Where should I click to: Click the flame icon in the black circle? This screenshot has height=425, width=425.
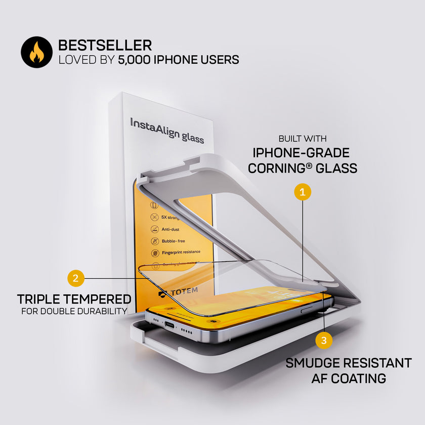pyautogui.click(x=36, y=52)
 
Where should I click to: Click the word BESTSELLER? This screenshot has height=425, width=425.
pyautogui.click(x=105, y=46)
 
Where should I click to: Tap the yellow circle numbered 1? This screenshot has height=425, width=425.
pyautogui.click(x=302, y=192)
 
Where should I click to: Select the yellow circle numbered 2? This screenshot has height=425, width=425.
pyautogui.click(x=75, y=278)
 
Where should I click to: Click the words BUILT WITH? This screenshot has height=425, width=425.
pyautogui.click(x=303, y=139)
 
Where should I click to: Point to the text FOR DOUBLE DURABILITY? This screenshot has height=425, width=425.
pyautogui.click(x=74, y=311)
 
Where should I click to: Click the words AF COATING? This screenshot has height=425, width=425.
pyautogui.click(x=349, y=378)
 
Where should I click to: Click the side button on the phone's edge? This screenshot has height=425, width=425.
pyautogui.click(x=307, y=310)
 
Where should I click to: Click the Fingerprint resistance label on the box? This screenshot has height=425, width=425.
pyautogui.click(x=181, y=252)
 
